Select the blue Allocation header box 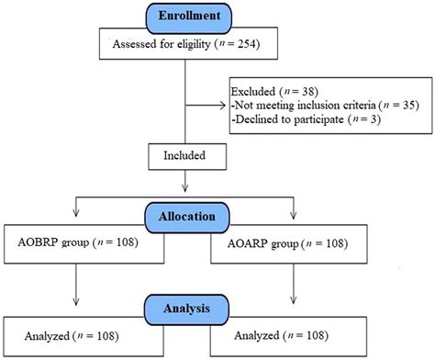pyautogui.click(x=186, y=217)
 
